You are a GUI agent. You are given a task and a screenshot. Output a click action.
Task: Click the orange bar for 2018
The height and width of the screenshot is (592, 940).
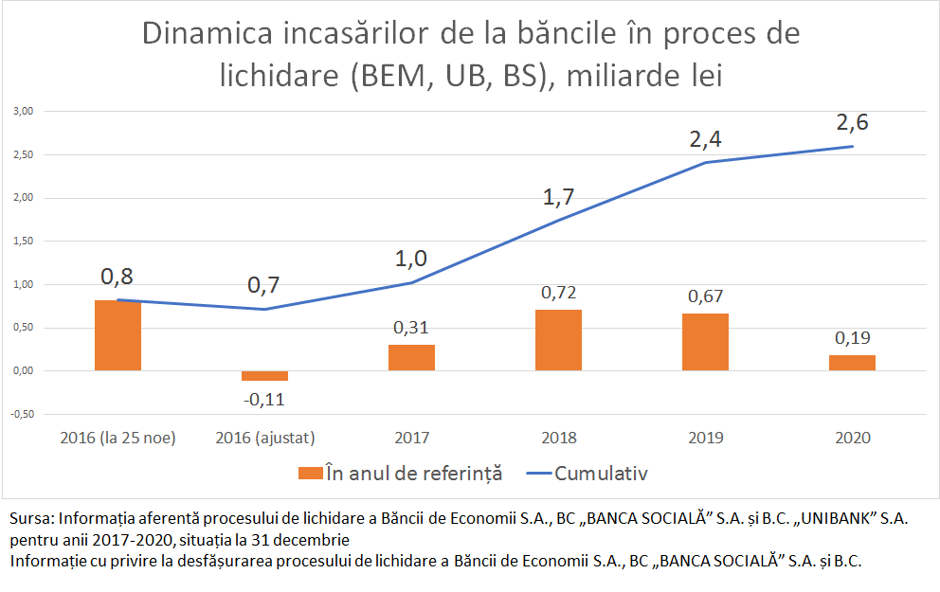tap(558, 340)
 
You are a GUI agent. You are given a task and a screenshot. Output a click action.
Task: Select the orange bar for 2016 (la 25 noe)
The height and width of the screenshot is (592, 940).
tap(117, 335)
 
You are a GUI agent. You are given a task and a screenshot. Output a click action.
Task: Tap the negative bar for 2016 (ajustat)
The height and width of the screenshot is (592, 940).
tap(264, 376)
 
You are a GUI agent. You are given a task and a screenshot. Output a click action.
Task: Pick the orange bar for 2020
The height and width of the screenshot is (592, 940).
tap(852, 363)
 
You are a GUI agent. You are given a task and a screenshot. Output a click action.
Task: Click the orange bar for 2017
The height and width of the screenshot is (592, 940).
tap(411, 357)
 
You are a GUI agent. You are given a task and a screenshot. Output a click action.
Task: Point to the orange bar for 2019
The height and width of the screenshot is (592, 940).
tap(705, 342)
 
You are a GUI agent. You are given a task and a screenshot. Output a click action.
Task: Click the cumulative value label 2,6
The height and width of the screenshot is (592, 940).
tap(852, 124)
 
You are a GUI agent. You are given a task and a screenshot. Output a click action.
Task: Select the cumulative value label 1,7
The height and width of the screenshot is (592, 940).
tap(558, 198)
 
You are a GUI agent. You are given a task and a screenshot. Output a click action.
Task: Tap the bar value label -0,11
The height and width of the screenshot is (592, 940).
tap(264, 399)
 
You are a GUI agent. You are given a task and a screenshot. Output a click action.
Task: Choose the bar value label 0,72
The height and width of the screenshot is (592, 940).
tap(558, 293)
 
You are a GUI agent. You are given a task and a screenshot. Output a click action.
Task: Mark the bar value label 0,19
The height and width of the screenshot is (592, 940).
tap(852, 338)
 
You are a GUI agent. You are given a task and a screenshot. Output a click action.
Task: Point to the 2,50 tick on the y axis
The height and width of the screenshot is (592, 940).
tap(22, 154)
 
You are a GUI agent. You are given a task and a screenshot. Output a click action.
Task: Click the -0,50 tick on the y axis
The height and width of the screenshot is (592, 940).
tap(22, 414)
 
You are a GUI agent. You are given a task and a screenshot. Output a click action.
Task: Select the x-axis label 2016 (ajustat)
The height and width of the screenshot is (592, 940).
tap(264, 438)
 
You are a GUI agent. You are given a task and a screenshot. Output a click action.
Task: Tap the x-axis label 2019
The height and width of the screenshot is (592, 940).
tap(705, 438)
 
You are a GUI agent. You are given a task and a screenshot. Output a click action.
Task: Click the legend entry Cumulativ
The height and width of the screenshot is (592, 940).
tap(601, 472)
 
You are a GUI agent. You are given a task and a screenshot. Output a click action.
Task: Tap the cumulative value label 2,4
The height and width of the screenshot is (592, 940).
tap(705, 140)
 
